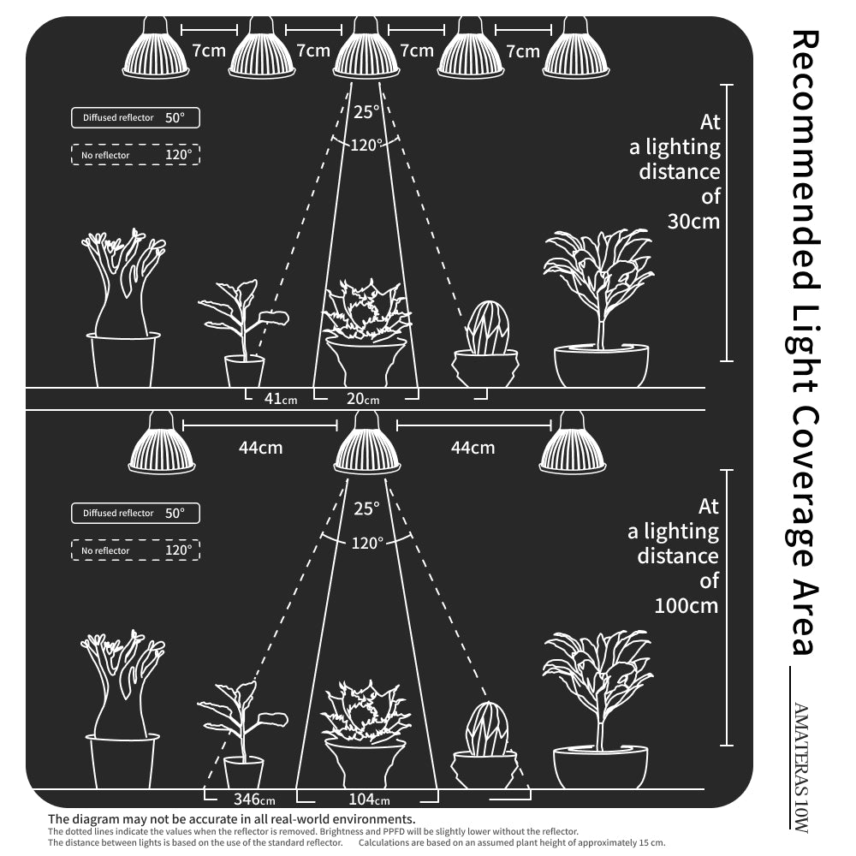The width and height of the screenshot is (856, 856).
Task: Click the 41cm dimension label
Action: click(281, 399)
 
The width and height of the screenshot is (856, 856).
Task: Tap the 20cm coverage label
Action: click(363, 399)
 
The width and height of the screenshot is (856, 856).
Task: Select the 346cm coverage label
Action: click(254, 800)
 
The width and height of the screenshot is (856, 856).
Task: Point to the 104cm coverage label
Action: click(369, 800)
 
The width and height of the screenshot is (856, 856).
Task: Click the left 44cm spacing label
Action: click(260, 448)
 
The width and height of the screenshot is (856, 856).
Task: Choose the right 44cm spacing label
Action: click(473, 448)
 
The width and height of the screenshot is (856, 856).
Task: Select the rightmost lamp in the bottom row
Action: click(572, 443)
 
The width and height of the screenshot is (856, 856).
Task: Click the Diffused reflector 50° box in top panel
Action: click(135, 118)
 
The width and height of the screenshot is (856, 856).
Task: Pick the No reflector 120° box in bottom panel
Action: click(135, 550)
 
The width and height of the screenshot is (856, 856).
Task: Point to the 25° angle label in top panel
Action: click(366, 112)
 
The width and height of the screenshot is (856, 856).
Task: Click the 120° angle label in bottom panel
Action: click(366, 544)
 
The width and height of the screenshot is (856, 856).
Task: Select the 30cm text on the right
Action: click(693, 222)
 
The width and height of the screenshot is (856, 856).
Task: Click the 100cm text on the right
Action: click(687, 606)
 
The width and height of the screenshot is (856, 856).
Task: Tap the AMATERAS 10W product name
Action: click(800, 767)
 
